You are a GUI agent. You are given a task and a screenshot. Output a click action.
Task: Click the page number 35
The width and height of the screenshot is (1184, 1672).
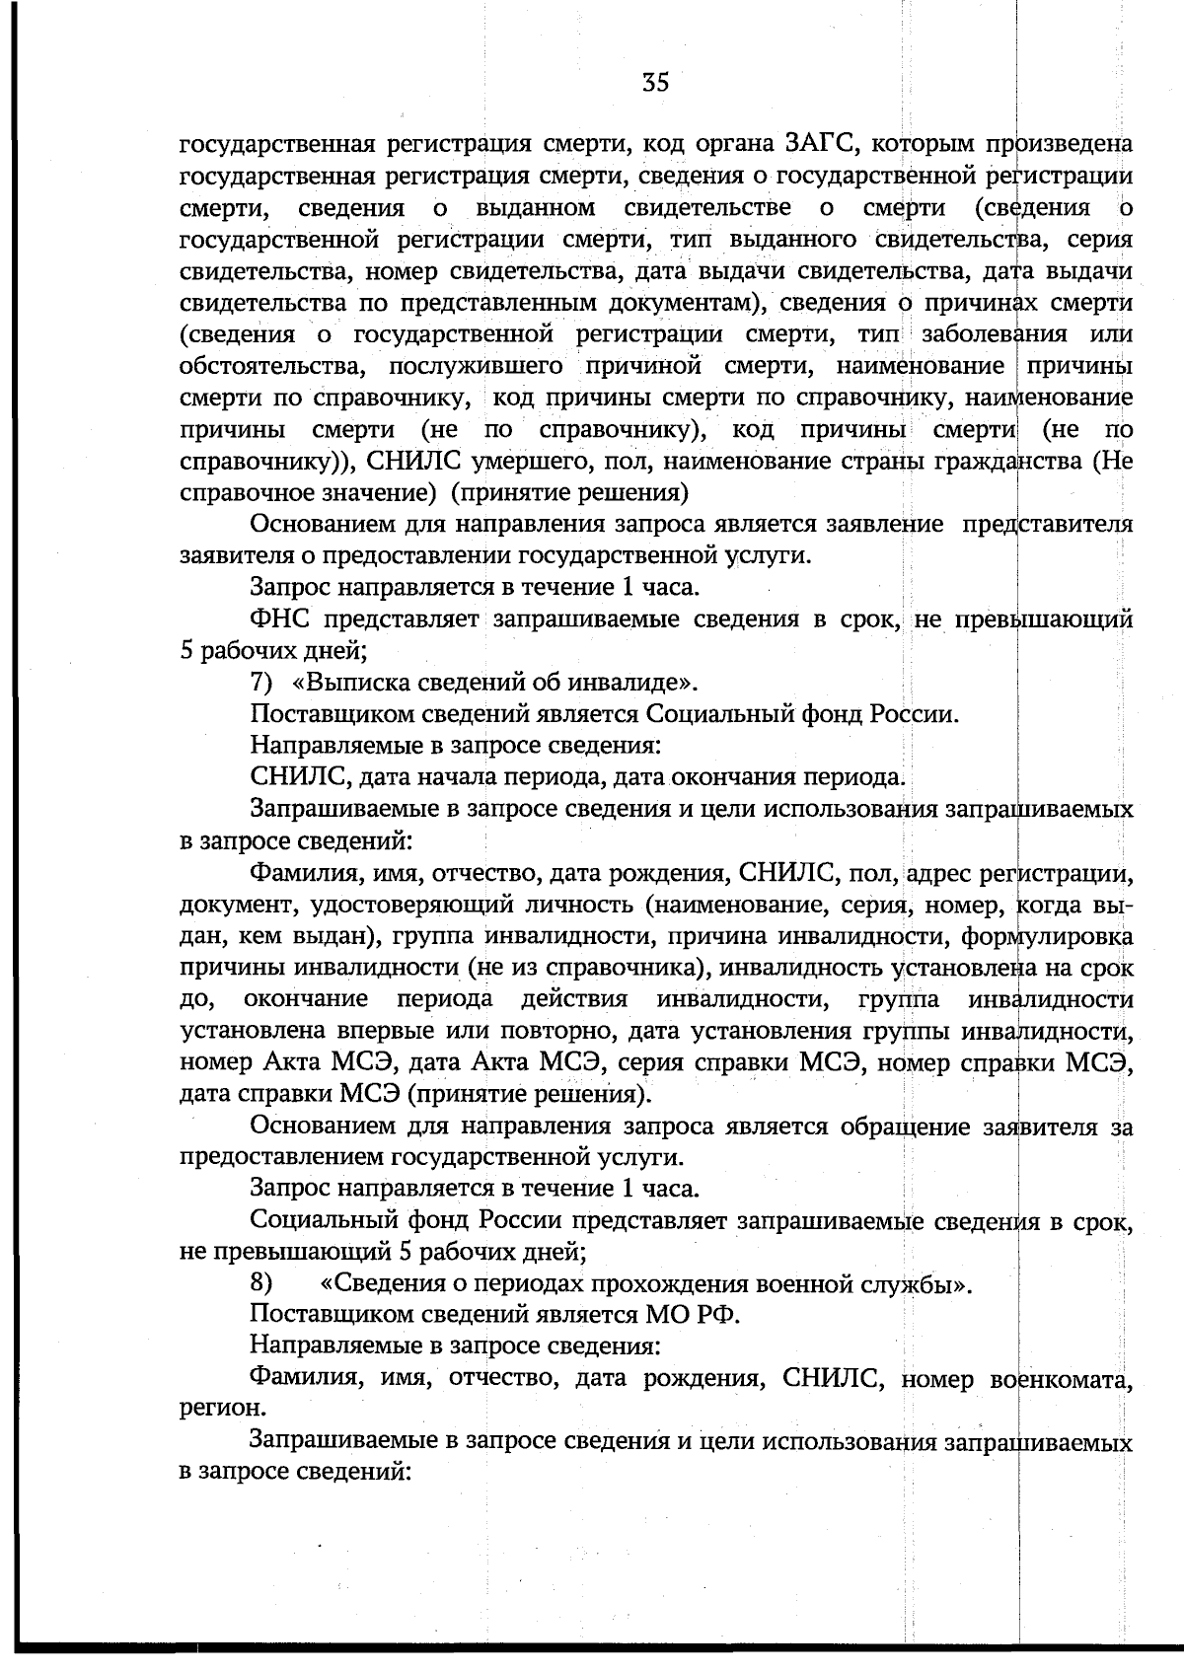coord(655,83)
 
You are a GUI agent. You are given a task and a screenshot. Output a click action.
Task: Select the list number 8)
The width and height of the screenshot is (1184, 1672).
coord(261,1284)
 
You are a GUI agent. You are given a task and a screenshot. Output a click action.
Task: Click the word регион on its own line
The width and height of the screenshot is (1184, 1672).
coord(210,1410)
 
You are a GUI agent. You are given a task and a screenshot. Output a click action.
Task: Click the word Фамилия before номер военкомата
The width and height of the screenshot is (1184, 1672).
coord(300,1378)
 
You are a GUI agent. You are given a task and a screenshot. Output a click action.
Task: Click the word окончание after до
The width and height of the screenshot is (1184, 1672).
coord(306,1000)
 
